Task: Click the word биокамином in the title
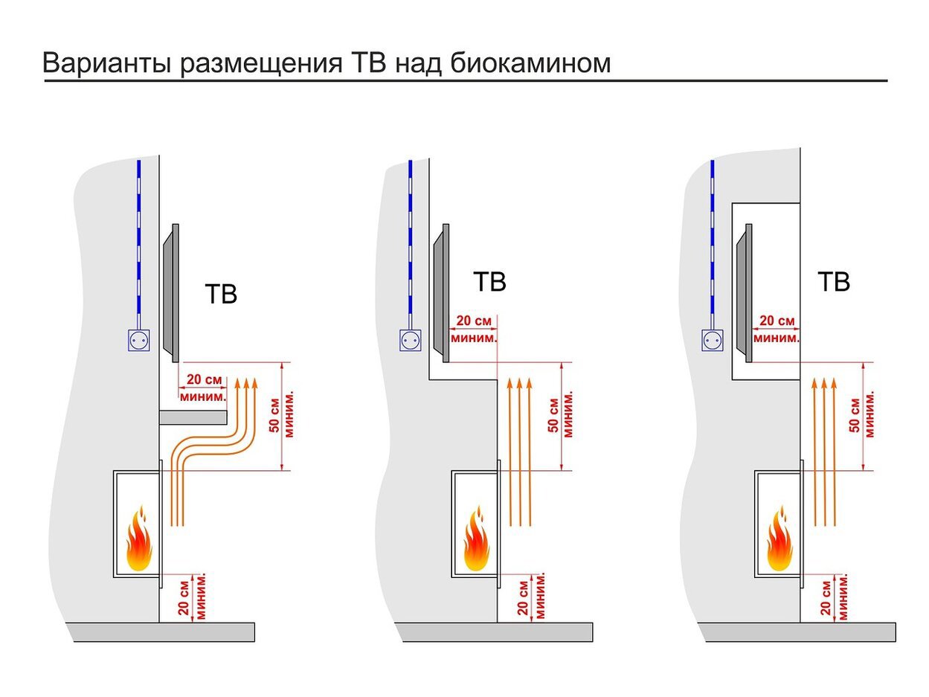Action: click(530, 63)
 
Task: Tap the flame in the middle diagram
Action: click(476, 539)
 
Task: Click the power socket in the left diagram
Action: click(138, 341)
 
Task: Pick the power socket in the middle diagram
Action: click(410, 341)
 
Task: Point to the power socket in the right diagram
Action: click(713, 341)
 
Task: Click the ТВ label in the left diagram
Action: click(220, 294)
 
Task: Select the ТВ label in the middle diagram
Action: click(489, 283)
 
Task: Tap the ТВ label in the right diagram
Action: click(833, 283)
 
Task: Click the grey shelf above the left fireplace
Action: click(193, 417)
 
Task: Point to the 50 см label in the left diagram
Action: click(274, 417)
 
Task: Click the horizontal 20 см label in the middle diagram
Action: click(474, 321)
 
